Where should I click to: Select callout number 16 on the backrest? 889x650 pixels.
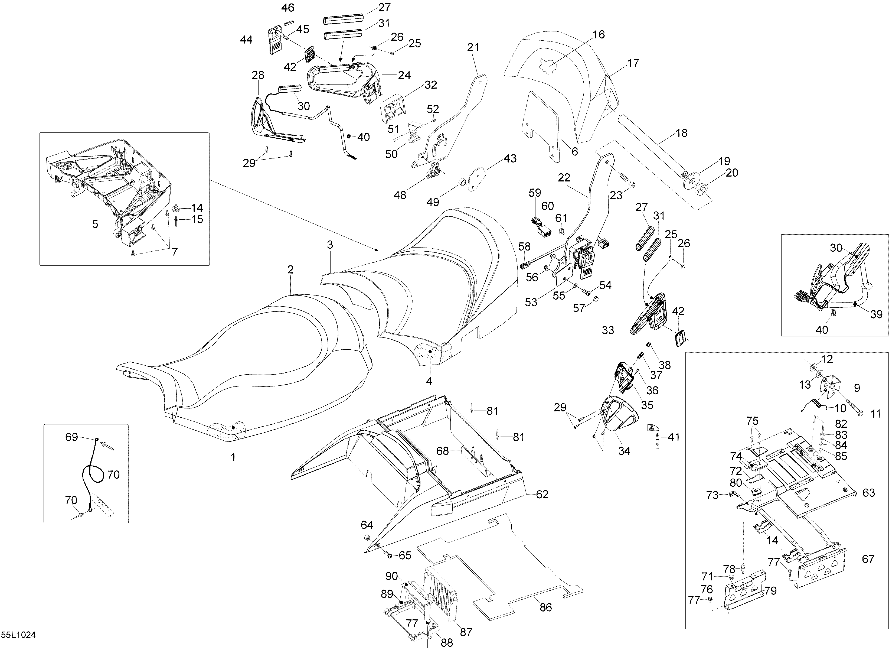[599, 35]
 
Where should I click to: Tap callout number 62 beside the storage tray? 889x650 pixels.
[542, 495]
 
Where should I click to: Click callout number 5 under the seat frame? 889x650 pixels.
[95, 224]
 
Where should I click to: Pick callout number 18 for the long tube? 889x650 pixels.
[681, 133]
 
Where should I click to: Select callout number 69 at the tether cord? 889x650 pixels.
[71, 437]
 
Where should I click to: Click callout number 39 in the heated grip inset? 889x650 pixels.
[877, 314]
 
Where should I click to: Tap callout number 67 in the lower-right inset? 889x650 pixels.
[868, 559]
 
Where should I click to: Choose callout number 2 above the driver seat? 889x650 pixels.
[290, 270]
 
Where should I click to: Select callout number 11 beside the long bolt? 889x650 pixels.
[876, 414]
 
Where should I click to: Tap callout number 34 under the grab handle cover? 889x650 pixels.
[624, 451]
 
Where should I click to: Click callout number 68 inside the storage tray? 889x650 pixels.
[442, 451]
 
